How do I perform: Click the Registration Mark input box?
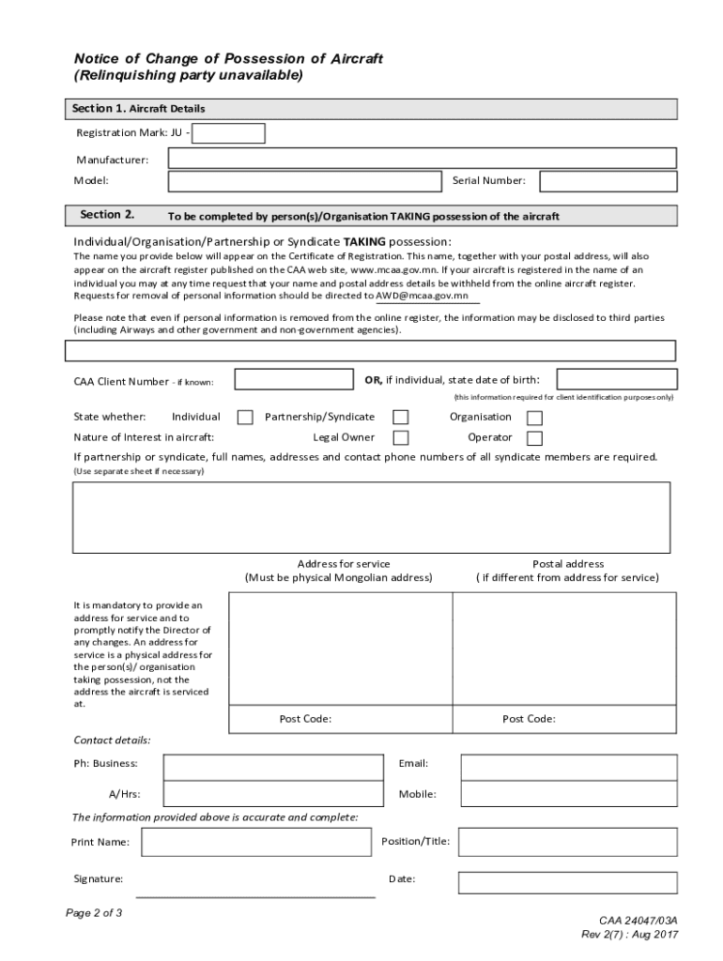(x=228, y=133)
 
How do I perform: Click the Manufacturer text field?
(x=422, y=158)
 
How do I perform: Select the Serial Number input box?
(x=608, y=181)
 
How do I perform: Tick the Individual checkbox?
(x=245, y=418)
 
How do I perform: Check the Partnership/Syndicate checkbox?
(x=400, y=418)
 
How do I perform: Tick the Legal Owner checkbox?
(x=400, y=438)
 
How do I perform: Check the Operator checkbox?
(x=534, y=438)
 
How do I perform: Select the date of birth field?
(x=616, y=379)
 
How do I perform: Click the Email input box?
(x=568, y=768)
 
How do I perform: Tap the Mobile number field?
(x=568, y=795)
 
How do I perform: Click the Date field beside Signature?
(x=567, y=882)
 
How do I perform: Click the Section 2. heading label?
(x=107, y=215)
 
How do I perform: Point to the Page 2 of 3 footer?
(x=94, y=913)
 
